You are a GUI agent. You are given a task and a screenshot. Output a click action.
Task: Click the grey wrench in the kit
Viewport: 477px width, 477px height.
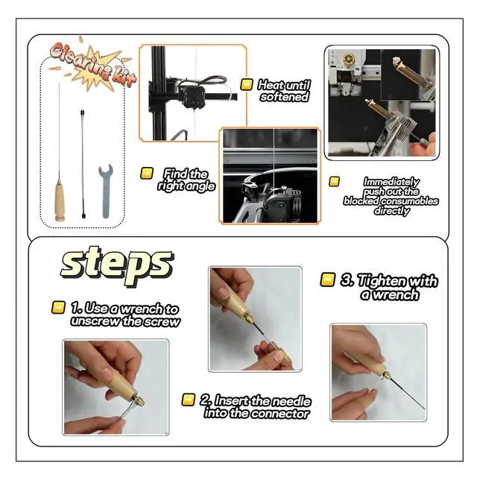105,191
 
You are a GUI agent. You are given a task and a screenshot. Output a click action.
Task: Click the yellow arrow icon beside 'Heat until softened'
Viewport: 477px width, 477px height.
247,84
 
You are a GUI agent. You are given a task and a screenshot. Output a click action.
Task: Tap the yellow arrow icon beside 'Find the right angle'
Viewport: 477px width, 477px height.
147,174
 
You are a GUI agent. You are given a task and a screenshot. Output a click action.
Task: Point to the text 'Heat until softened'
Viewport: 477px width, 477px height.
284,90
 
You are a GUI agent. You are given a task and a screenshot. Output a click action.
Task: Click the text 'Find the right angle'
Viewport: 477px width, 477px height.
186,180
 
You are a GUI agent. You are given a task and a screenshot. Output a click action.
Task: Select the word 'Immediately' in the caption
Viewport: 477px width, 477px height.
391,182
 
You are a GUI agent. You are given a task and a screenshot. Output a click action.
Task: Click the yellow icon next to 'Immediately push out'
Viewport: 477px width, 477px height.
334,182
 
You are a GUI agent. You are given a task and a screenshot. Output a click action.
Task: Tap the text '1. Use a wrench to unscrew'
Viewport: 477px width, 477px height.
125,315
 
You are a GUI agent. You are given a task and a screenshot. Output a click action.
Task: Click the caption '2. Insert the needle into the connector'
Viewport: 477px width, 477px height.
256,407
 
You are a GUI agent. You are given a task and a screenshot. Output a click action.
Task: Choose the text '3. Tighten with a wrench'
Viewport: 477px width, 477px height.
389,287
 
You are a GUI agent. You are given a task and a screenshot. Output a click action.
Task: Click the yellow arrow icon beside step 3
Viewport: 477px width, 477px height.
328,279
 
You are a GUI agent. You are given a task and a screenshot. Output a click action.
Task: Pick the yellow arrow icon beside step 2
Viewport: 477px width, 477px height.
189,399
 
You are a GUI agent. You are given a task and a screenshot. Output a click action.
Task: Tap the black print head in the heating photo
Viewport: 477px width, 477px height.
192,97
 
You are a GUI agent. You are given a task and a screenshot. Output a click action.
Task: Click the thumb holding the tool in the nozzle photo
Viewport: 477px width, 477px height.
423,145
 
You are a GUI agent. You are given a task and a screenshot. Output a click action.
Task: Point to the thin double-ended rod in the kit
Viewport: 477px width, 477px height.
82,164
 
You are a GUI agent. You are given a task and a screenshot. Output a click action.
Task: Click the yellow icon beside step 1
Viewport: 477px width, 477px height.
58,307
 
